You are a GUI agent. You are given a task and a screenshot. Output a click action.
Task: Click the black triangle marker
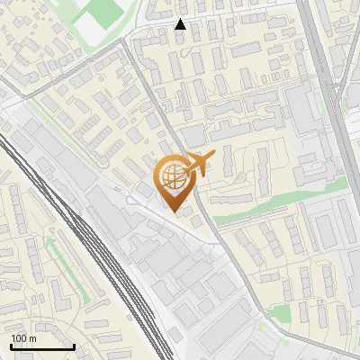pyautogui.click(x=181, y=24)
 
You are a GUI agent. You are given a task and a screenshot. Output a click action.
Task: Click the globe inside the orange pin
pyautogui.click(x=173, y=176)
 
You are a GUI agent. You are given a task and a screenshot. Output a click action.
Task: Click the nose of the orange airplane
pyautogui.click(x=214, y=156)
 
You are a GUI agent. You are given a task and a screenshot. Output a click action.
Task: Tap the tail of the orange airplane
pyautogui.click(x=186, y=163)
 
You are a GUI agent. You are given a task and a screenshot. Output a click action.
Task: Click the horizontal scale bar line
pyautogui.click(x=42, y=346)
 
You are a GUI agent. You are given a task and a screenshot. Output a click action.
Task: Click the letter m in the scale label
pyautogui.click(x=32, y=338)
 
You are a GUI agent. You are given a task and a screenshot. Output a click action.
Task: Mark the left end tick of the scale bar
pyautogui.click(x=11, y=345)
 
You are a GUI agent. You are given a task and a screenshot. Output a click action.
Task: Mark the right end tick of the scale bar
pyautogui.click(x=74, y=345)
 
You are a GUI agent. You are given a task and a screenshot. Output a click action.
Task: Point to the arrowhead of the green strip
pyautogui.click(x=50, y=240)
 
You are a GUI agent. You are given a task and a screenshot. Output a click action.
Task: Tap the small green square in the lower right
pyautogui.click(x=281, y=314)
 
